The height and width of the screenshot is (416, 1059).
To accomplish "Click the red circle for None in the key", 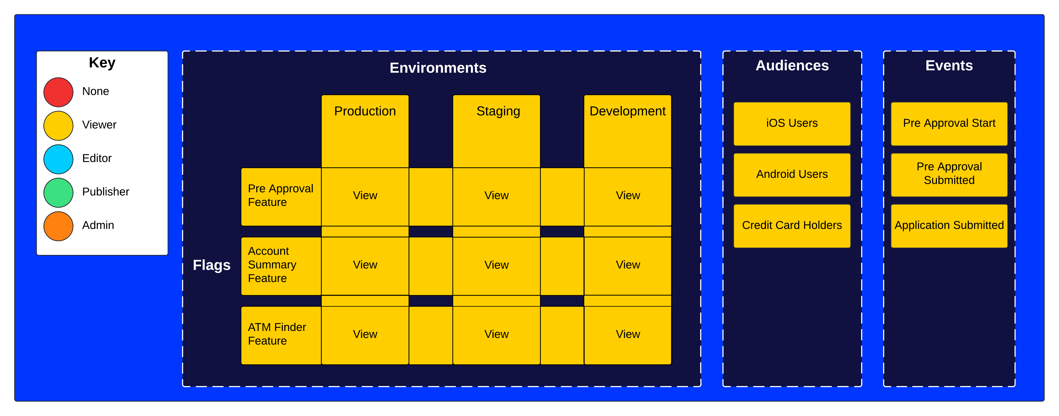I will (58, 92).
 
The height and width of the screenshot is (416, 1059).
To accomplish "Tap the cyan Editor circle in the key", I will (58, 159).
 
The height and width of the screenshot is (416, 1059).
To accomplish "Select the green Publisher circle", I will (58, 192).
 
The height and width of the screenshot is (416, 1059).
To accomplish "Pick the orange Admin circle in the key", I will (58, 226).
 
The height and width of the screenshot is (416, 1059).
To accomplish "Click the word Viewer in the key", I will (99, 125).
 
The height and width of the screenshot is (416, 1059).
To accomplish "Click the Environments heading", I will (438, 68).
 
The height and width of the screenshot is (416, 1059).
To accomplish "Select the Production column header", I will (365, 111).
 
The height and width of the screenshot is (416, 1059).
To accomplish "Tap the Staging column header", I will (498, 111).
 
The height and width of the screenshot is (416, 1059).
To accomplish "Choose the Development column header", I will (627, 111).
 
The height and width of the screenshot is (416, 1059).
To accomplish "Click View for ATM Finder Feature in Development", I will (627, 334).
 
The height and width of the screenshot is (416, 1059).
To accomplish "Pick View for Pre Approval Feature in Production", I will (365, 196).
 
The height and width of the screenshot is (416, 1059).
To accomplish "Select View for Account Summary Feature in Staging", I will (496, 265).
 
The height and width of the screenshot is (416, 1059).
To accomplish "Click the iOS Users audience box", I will (792, 123).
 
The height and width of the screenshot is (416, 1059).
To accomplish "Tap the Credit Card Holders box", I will (792, 226).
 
